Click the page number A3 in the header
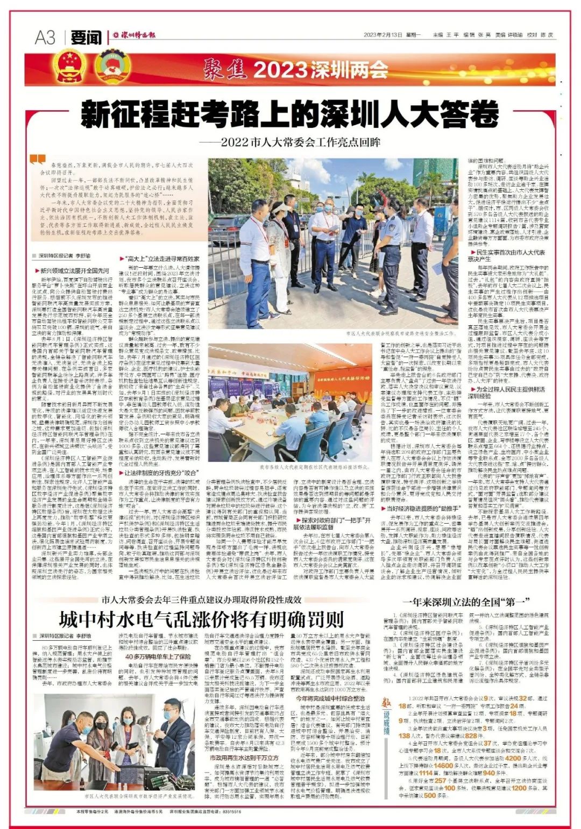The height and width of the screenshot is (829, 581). (x=45, y=37)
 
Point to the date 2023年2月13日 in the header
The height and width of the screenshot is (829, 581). (x=383, y=35)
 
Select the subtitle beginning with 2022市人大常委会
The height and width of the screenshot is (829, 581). (x=290, y=142)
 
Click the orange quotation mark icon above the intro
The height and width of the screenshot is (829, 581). (x=38, y=160)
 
